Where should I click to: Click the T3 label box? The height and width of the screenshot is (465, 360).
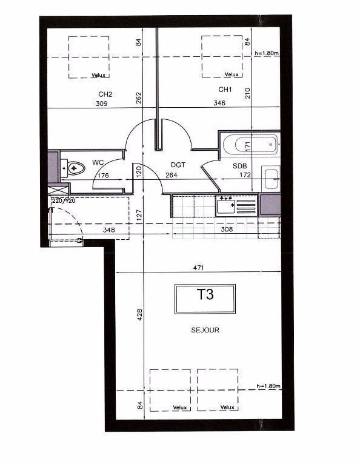coord(205,298)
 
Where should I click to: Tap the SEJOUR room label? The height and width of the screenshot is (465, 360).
coord(205,330)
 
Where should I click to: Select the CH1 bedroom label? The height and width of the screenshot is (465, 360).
coord(225,89)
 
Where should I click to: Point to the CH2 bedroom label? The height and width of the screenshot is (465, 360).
coord(105,94)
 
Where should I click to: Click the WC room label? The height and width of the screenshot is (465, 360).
coord(98,162)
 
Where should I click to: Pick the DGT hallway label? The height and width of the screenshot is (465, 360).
coord(178,165)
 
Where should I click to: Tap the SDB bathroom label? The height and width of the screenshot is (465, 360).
coord(240,166)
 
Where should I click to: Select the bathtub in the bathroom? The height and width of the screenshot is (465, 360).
coord(250,145)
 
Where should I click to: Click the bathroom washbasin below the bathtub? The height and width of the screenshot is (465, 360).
coord(272,179)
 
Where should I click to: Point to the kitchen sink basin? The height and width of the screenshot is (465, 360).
coord(226,206)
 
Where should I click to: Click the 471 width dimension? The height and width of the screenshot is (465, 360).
coord(198,268)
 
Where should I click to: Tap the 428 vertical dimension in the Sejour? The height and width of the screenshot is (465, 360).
coord(140,315)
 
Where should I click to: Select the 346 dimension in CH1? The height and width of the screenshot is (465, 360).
coord(219,103)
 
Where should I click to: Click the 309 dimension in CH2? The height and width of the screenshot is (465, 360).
coord(101,104)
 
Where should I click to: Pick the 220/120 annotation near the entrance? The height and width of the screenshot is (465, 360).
coord(64,201)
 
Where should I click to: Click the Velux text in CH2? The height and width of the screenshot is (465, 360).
coord(98,75)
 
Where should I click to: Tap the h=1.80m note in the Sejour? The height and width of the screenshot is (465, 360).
coord(268,386)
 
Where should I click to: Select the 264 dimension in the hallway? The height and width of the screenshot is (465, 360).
coord(172,175)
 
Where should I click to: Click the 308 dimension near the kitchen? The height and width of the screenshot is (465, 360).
coord(227,229)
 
